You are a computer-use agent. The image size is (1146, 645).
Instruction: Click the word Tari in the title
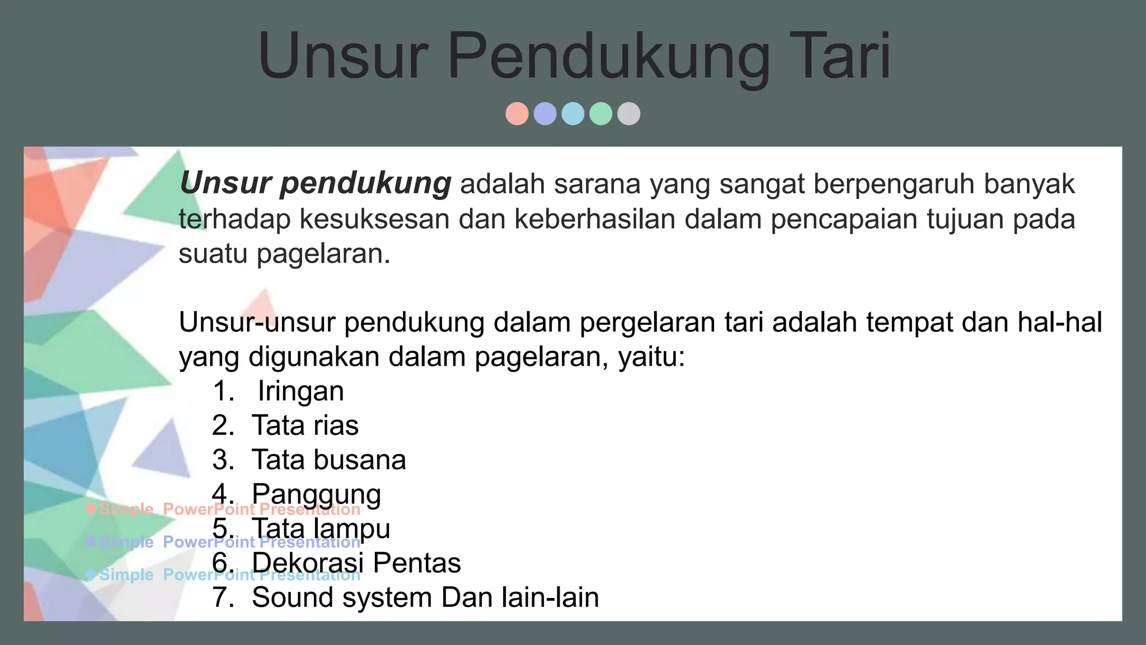pos(839,56)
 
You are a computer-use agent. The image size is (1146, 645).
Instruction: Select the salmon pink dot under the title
pos(517,114)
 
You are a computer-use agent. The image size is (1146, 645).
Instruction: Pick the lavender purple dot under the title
pos(545,114)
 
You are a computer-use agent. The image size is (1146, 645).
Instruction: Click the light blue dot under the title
pos(573,114)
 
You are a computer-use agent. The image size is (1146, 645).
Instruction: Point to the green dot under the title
pos(601,114)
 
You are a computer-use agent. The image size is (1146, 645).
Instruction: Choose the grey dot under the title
pos(629,114)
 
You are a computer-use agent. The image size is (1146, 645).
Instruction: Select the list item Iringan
pos(300,391)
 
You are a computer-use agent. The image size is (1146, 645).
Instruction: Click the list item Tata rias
pos(305,426)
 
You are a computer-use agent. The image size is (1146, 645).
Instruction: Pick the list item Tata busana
pos(328,460)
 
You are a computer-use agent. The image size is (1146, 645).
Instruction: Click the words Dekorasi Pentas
pos(356,563)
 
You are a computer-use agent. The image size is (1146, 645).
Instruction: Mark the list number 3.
pos(222,460)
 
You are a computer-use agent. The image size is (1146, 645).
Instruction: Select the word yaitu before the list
pos(651,357)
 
